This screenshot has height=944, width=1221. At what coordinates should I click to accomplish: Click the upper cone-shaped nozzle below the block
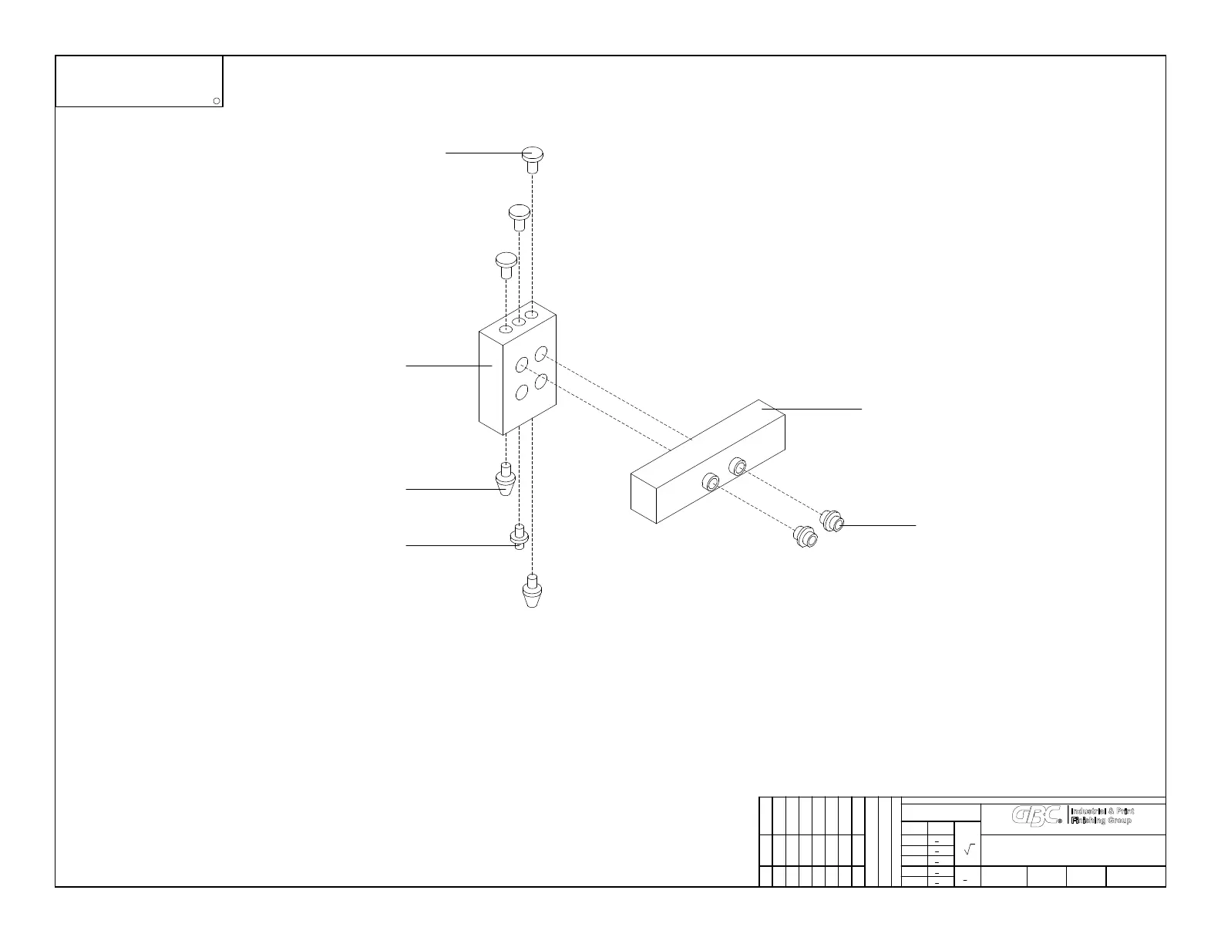click(x=506, y=481)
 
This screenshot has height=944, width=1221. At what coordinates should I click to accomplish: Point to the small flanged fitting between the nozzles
click(x=519, y=536)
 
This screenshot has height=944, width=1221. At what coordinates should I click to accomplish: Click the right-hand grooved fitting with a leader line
click(x=832, y=521)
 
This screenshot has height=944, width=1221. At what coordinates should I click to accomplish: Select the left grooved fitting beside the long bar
click(x=806, y=536)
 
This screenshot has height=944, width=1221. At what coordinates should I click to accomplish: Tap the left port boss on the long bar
click(x=709, y=484)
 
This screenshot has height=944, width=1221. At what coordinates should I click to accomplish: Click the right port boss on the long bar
click(x=737, y=466)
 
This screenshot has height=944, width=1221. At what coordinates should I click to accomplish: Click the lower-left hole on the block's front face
click(x=521, y=393)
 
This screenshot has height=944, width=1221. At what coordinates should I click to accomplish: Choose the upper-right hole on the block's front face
click(x=541, y=353)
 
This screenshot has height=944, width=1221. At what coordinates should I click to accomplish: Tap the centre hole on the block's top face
click(x=519, y=321)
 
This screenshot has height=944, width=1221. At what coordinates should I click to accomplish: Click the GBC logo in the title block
click(x=1038, y=816)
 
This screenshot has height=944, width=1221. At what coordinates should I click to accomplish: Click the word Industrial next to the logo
click(x=1091, y=811)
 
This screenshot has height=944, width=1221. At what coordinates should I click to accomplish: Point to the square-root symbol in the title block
click(x=969, y=849)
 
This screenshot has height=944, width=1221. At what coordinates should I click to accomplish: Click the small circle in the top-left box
click(x=217, y=101)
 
